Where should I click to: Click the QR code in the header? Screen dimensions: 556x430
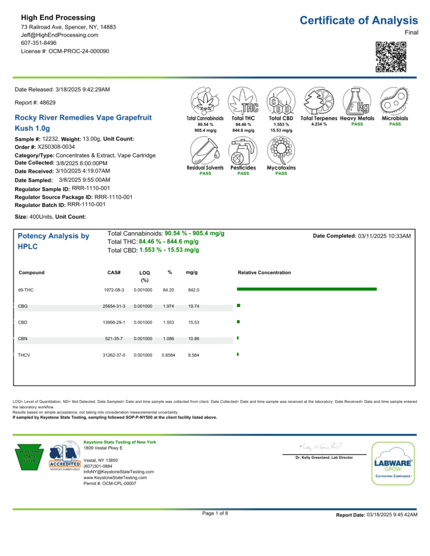[391, 57]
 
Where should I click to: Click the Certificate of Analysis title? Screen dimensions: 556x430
[359, 21]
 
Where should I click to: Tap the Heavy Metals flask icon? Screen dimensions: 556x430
[357, 101]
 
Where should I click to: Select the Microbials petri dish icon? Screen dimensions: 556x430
[395, 101]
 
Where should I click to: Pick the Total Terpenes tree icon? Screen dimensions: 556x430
[319, 101]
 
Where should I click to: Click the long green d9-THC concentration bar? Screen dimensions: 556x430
[307, 289]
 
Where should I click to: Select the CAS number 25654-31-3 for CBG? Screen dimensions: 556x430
[114, 306]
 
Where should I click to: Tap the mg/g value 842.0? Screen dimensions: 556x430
[194, 290]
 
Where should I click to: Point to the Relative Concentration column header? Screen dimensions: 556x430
[264, 273]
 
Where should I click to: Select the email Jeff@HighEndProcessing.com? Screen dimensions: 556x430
[60, 35]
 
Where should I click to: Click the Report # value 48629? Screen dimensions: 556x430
[47, 102]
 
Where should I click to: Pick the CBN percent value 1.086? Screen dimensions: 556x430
[169, 338]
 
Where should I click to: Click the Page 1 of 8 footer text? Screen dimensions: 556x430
[215, 513]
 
